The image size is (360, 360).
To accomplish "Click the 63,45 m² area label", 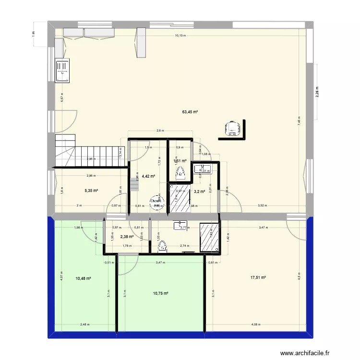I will click(x=190, y=112).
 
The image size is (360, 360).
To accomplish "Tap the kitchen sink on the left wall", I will click(x=62, y=71).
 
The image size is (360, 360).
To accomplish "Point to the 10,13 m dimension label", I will click(x=180, y=35).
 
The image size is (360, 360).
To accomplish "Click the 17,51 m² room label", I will click(x=258, y=277).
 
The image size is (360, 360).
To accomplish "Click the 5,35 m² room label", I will click(x=91, y=191).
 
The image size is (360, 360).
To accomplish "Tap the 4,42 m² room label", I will click(x=149, y=176).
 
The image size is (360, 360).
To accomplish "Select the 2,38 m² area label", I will click(x=127, y=236).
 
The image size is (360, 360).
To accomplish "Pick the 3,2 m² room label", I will click(x=199, y=192).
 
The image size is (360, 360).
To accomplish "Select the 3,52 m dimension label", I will click(x=262, y=205).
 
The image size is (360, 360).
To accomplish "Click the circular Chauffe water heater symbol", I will click(x=156, y=203).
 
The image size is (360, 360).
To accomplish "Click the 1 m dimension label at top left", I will click(x=34, y=33).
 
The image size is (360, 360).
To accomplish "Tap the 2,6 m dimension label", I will click(x=160, y=130).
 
